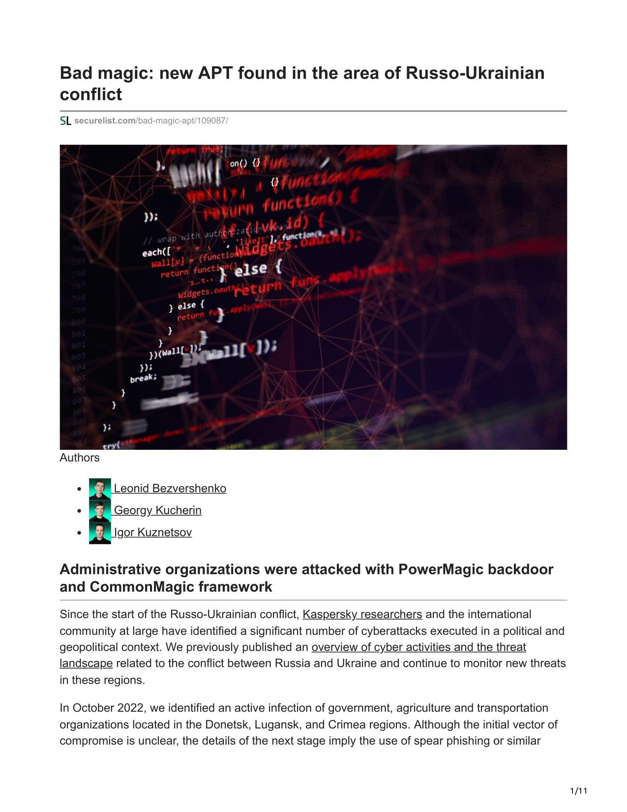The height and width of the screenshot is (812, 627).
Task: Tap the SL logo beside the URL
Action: tap(65, 121)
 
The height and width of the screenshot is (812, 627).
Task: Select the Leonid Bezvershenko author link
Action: tap(170, 488)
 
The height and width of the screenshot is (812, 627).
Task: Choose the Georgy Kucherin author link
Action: tap(157, 510)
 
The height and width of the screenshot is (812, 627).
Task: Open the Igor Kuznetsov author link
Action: tap(152, 532)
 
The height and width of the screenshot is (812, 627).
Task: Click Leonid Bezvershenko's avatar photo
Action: tap(100, 489)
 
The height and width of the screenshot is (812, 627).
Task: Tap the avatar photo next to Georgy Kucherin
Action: tap(100, 511)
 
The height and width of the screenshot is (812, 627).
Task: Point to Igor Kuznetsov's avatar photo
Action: tap(100, 533)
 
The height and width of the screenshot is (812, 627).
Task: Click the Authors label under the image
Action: tap(80, 458)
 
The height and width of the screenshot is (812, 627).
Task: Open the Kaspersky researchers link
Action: tap(362, 614)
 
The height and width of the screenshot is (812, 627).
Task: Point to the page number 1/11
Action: tap(579, 791)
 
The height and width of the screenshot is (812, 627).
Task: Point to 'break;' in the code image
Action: tap(143, 378)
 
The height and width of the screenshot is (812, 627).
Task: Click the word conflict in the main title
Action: tap(90, 94)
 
